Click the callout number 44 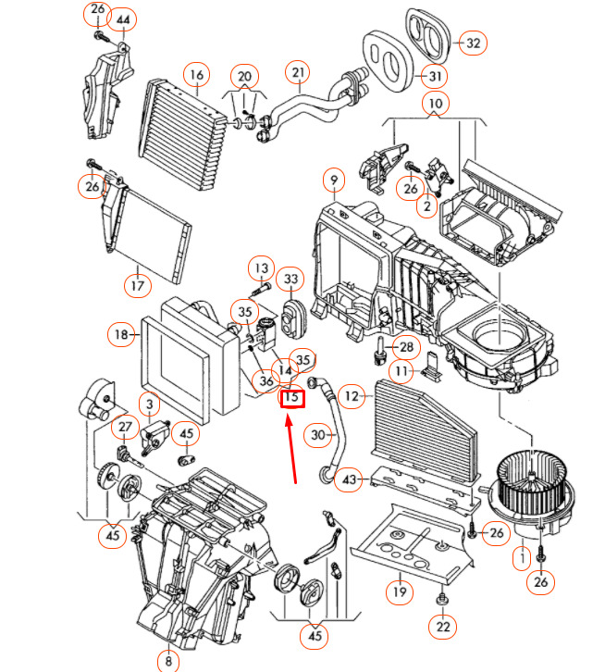pyautogui.click(x=124, y=20)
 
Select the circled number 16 pyautogui.click(x=195, y=74)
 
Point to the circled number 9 pyautogui.click(x=333, y=178)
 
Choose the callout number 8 pyautogui.click(x=168, y=661)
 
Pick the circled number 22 pyautogui.click(x=443, y=628)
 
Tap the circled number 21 pyautogui.click(x=297, y=72)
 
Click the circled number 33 pyautogui.click(x=291, y=278)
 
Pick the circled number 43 pyautogui.click(x=350, y=479)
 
